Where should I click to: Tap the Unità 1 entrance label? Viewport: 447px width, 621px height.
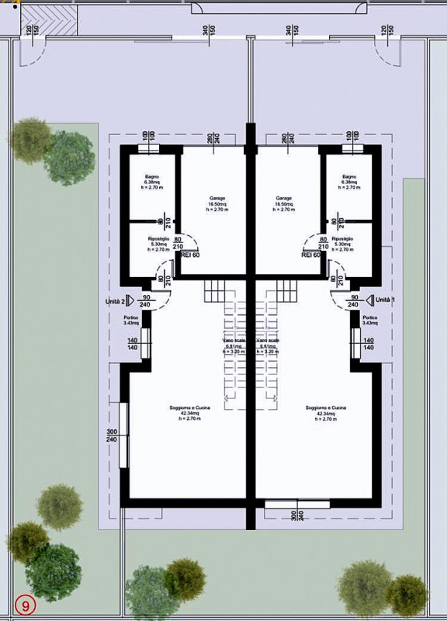pos(384,300)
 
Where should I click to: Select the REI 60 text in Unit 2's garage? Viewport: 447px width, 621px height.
pos(190,254)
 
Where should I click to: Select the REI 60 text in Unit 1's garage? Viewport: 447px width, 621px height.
pos(311,254)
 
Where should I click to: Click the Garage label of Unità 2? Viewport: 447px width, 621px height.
pos(217,198)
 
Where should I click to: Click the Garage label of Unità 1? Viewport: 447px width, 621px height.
pos(283,198)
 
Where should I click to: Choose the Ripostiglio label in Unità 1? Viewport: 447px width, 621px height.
pos(342,240)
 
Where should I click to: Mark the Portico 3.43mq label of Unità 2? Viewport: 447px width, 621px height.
pos(131,321)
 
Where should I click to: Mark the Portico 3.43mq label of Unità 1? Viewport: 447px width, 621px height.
pos(369,321)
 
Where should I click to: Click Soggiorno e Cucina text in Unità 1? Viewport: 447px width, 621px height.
pos(325,408)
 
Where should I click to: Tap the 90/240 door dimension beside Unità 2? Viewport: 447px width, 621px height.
pos(147,301)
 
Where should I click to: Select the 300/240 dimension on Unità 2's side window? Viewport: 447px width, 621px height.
pos(111,435)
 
